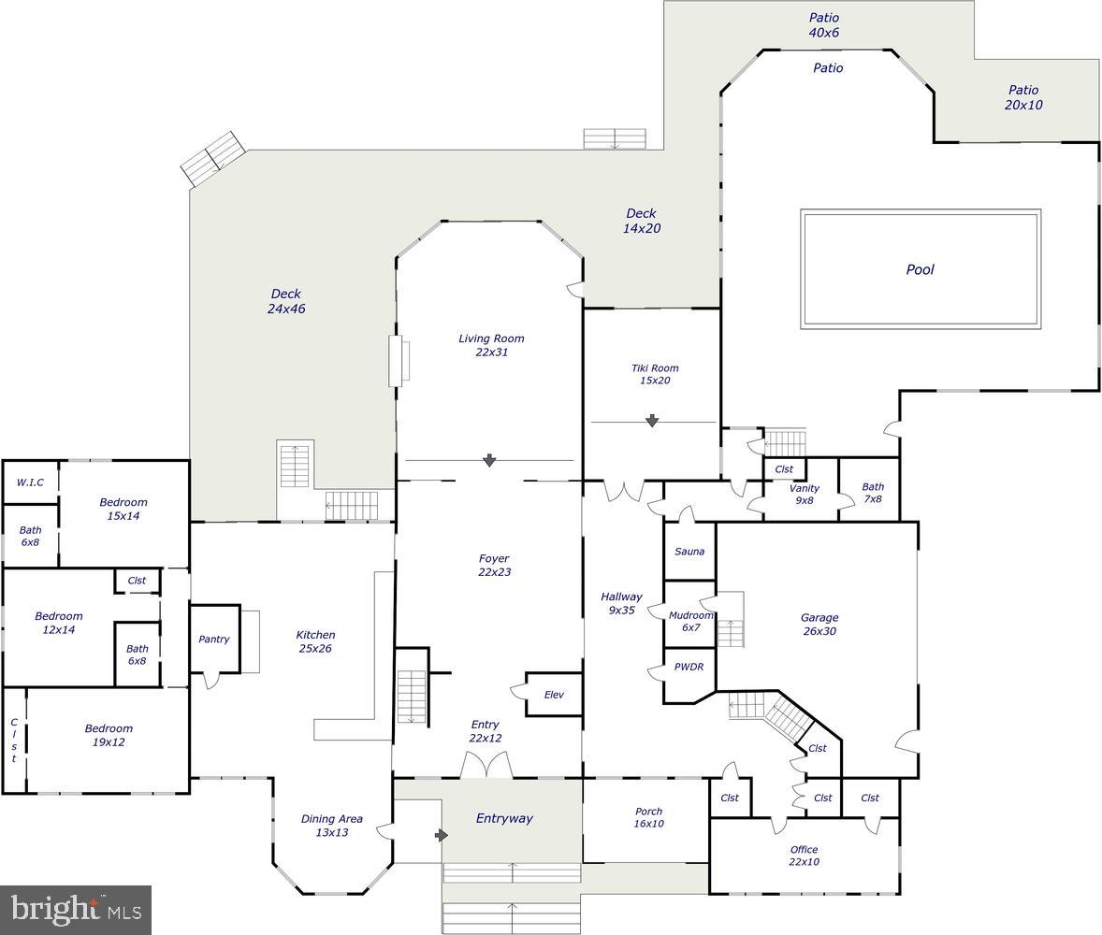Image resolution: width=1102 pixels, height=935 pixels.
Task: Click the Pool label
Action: [x=920, y=269]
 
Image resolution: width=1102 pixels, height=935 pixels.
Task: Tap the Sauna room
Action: [x=689, y=552]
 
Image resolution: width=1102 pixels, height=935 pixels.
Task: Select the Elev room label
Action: [x=554, y=695]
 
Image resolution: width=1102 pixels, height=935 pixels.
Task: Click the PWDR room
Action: [x=689, y=668]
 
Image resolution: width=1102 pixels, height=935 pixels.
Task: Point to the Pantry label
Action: [x=214, y=640]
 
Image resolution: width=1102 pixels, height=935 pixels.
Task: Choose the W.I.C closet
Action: [x=30, y=482]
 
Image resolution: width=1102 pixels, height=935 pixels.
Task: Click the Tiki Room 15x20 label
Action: [x=654, y=374]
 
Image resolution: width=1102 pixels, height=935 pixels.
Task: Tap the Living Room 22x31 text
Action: [x=491, y=345]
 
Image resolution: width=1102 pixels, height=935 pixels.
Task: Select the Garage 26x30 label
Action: [x=819, y=624]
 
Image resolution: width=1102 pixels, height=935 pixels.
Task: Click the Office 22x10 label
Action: [x=804, y=856]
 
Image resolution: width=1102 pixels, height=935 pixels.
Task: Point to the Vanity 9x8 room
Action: [x=804, y=494]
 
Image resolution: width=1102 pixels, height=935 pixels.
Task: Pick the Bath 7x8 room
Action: [x=872, y=493]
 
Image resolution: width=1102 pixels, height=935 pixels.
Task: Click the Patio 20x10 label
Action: [x=1022, y=97]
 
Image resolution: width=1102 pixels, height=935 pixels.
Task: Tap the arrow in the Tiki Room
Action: [x=652, y=422]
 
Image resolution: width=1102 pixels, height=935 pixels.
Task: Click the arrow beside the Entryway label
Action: [x=442, y=834]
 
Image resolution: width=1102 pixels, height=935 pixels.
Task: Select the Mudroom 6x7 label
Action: [x=690, y=621]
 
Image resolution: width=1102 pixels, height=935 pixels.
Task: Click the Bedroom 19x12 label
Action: [x=109, y=735]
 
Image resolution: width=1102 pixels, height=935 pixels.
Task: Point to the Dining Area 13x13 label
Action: [x=331, y=825]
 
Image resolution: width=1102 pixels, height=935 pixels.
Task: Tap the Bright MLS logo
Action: [x=76, y=910]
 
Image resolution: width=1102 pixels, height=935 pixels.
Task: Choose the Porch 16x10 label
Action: [x=647, y=817]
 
